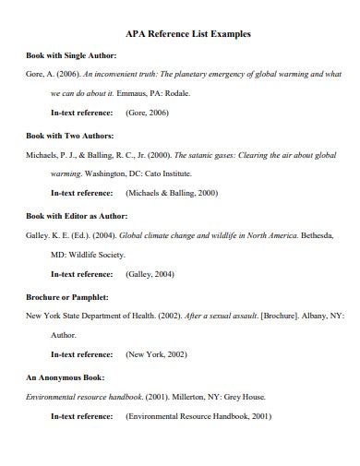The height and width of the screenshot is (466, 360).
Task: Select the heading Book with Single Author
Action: click(71, 55)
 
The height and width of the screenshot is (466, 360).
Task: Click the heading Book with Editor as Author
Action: click(78, 215)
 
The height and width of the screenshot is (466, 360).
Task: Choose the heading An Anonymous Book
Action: click(65, 377)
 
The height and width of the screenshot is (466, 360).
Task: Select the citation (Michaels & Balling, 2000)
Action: click(172, 193)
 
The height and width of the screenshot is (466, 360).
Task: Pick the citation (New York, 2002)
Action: click(157, 354)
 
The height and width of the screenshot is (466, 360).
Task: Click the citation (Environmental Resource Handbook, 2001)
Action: click(198, 416)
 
